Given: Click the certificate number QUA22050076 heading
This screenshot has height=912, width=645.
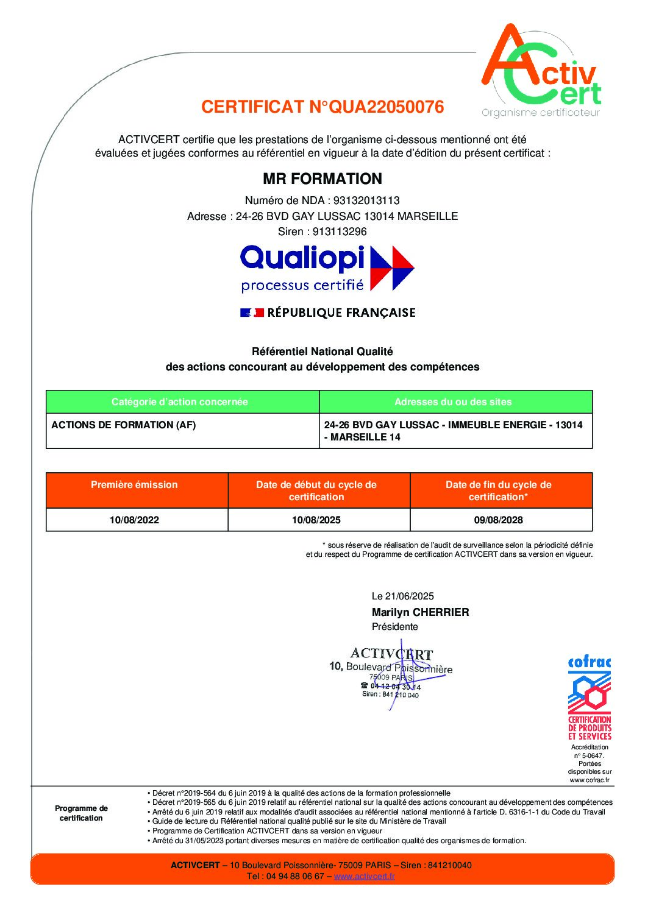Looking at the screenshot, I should (x=322, y=107).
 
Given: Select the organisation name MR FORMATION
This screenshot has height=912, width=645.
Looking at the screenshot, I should (x=322, y=179).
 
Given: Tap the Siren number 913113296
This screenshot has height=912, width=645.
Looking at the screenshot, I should (x=340, y=232).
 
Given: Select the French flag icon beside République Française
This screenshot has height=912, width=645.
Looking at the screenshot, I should (x=251, y=313).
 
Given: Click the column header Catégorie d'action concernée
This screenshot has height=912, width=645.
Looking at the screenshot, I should (x=180, y=402).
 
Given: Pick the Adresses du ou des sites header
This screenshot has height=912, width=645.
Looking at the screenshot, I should (x=453, y=402).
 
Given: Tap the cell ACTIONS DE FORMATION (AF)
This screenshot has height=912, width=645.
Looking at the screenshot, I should (x=124, y=425).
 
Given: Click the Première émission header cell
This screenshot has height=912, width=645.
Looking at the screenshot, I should (x=134, y=485).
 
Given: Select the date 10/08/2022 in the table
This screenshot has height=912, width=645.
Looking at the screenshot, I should (x=134, y=520).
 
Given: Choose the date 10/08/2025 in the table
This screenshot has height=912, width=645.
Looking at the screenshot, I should (x=316, y=520).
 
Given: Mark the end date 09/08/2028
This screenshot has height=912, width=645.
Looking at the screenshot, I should (x=499, y=520).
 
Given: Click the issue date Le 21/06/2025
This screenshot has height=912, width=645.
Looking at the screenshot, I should (x=403, y=596).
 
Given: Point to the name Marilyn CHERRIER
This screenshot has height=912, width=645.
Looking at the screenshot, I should (x=421, y=612).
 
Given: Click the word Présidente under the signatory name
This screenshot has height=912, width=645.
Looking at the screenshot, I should (x=395, y=627).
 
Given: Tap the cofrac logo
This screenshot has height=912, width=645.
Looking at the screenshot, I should (x=589, y=698).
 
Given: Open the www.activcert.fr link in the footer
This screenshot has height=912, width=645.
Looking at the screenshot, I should (x=365, y=877).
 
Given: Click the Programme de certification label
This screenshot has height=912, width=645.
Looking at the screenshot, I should (x=81, y=813).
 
